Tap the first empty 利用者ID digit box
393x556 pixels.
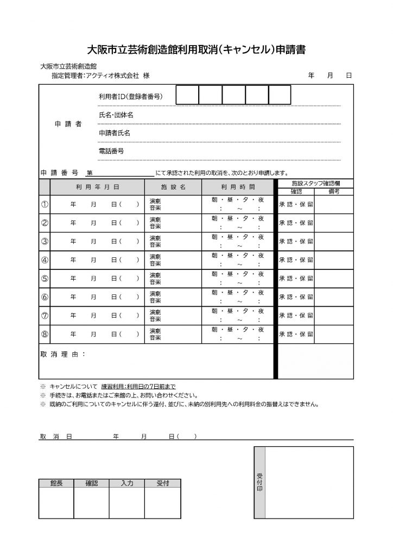(187, 96)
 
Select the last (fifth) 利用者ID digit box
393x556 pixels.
(280, 96)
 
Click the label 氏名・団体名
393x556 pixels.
(116, 115)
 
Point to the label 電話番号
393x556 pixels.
(111, 151)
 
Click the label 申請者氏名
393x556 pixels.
(115, 133)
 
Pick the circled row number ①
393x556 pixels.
(45, 205)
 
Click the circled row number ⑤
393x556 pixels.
(45, 279)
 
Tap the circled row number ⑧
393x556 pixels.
(45, 334)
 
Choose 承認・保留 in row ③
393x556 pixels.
(296, 242)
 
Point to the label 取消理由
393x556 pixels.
(62, 354)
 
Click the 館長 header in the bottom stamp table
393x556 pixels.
(56, 483)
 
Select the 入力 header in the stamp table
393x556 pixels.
(126, 483)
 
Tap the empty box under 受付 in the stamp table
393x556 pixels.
(162, 503)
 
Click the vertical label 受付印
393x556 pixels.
(259, 482)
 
